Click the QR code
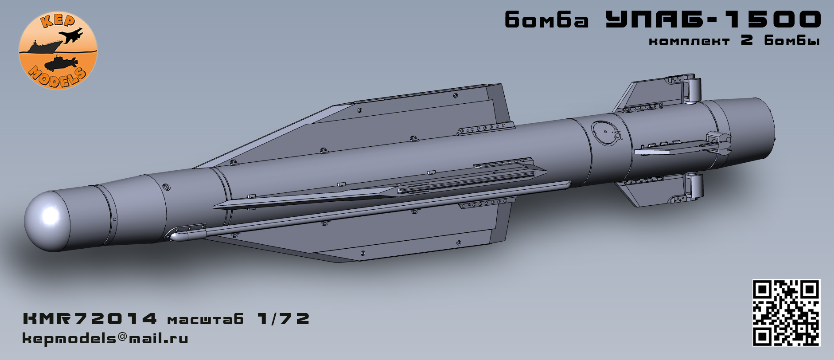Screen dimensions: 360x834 [x=786, y=312]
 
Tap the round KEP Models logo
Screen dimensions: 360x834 [x=58, y=50]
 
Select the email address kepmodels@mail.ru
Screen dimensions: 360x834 [x=105, y=339]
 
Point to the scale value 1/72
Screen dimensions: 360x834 [x=283, y=319]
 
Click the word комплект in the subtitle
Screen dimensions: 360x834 [x=689, y=41]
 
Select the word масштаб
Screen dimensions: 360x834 [x=206, y=320]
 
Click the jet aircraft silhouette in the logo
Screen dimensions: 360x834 [x=73, y=35]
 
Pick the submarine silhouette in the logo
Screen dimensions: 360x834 [x=61, y=63]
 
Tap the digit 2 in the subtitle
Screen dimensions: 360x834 [x=747, y=40]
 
